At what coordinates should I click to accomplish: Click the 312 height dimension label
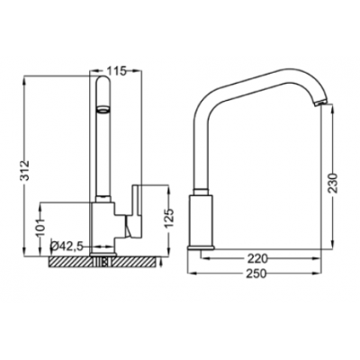coord(26,170)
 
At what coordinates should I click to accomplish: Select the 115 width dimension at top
coord(115,71)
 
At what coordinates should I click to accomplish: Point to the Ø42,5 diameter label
coord(66,247)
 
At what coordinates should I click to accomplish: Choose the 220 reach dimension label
coord(256,258)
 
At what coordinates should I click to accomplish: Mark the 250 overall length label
coord(256,274)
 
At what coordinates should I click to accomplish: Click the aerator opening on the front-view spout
coord(103,110)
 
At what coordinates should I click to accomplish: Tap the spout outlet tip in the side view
coord(318,103)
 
